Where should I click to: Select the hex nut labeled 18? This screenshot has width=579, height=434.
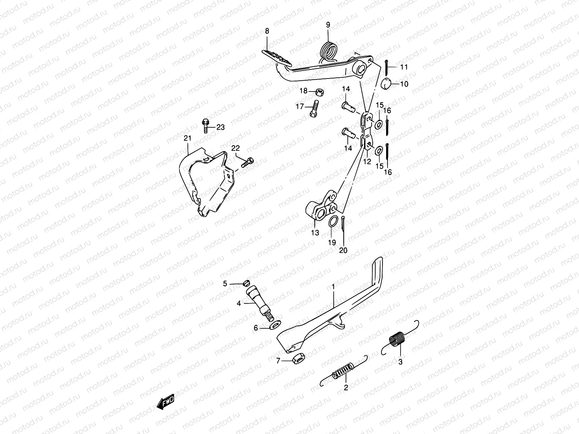319,91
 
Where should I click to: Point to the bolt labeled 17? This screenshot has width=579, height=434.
313,110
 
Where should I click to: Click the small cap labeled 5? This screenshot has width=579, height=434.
237,283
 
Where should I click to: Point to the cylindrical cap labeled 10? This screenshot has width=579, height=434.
388,85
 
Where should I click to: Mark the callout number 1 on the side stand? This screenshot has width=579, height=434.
333,286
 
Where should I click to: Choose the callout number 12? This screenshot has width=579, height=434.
367,161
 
